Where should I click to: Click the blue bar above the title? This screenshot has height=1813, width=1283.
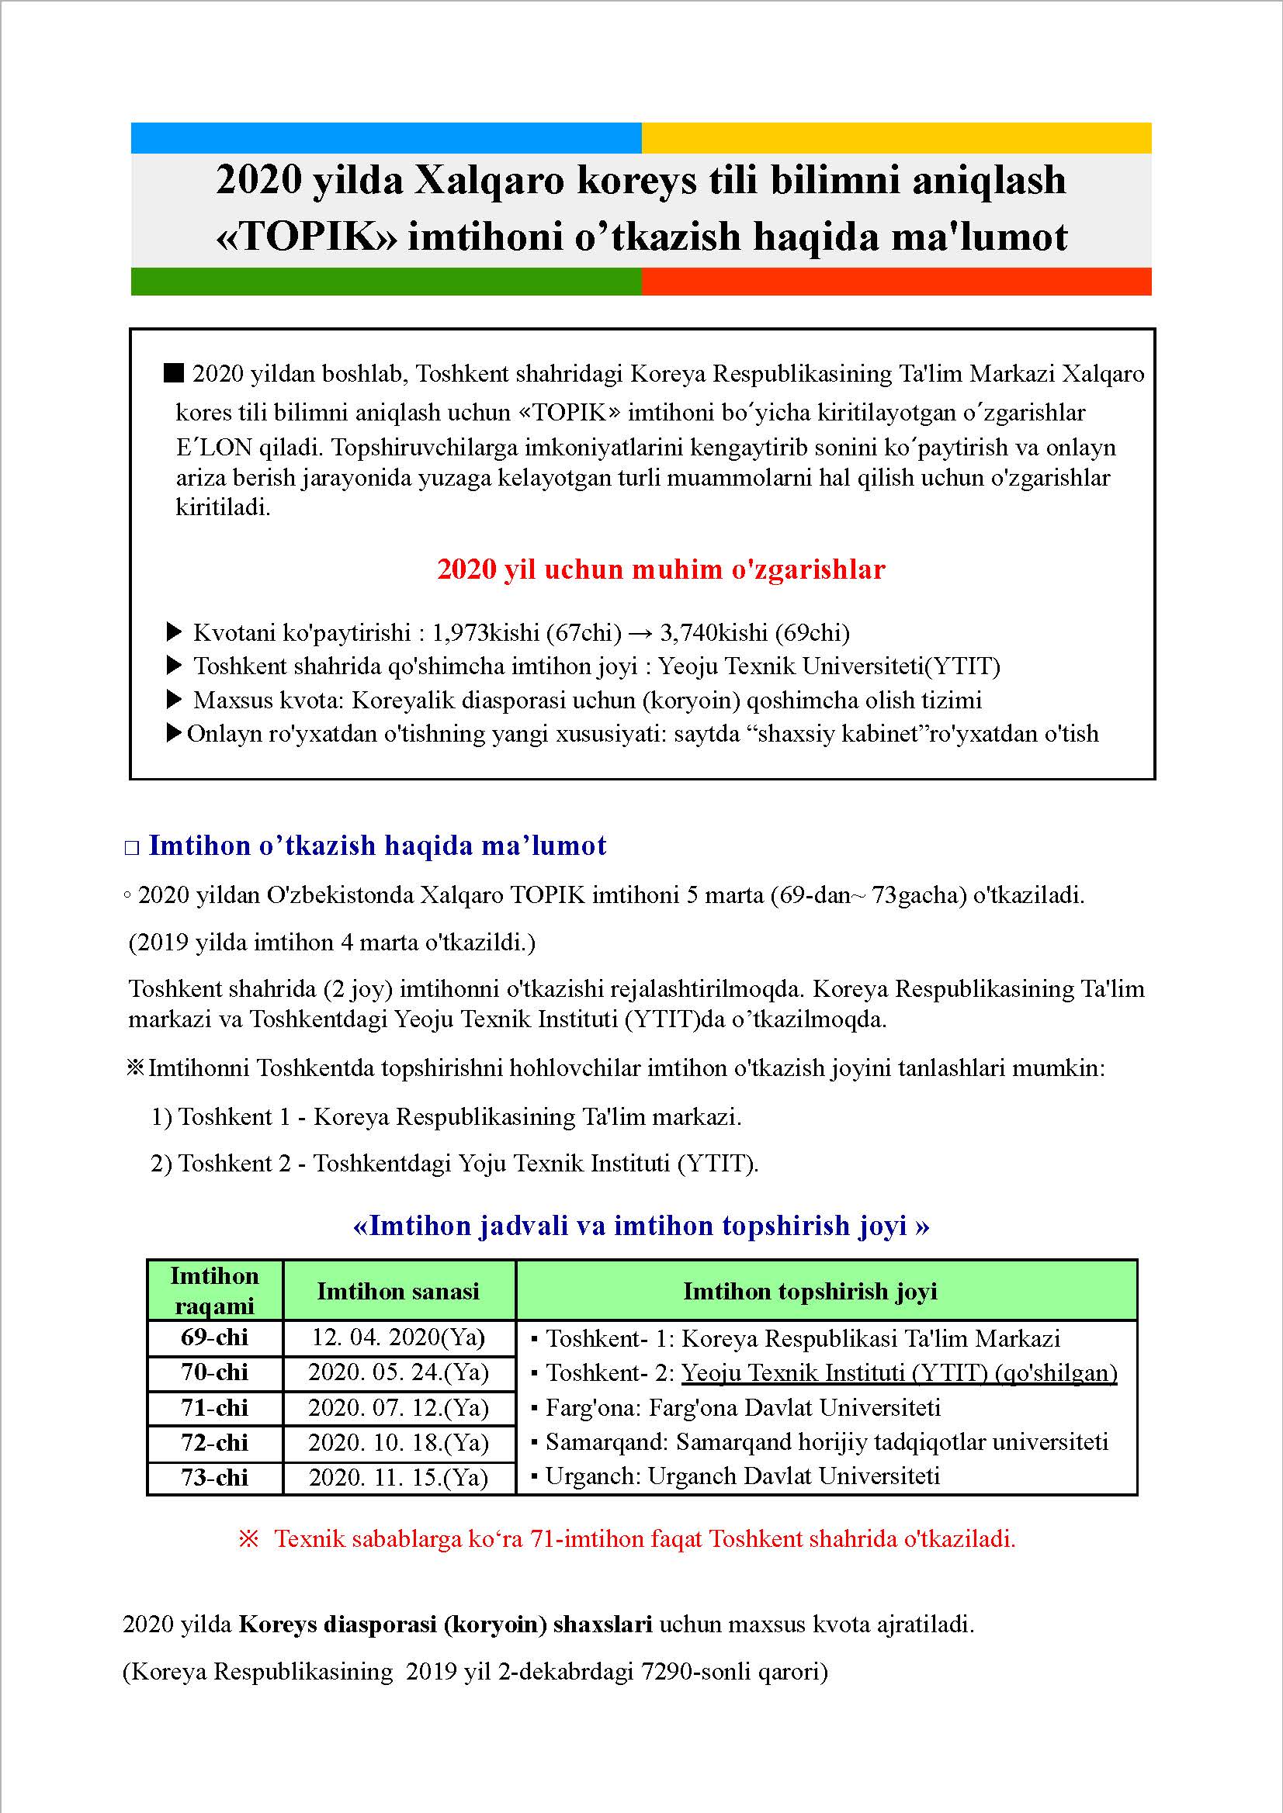pyautogui.click(x=386, y=137)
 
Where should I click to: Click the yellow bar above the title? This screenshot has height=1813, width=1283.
pyautogui.click(x=896, y=137)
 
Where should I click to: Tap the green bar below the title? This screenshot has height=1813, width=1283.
pyautogui.click(x=386, y=281)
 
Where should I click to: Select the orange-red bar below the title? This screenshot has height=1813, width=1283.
pyautogui.click(x=896, y=281)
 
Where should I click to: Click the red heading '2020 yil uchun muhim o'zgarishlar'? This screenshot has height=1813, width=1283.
pyautogui.click(x=661, y=569)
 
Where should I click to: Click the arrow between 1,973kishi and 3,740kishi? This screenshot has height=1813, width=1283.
pyautogui.click(x=640, y=632)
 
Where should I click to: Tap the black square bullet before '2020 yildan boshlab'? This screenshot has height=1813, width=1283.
pyautogui.click(x=173, y=372)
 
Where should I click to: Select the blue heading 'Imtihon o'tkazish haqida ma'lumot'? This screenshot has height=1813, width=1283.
pyautogui.click(x=377, y=846)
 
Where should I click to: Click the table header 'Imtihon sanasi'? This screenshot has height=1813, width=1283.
pyautogui.click(x=398, y=1291)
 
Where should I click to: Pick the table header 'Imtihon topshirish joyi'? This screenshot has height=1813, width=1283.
pyautogui.click(x=810, y=1291)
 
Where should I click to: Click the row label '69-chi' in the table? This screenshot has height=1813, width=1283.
pyautogui.click(x=214, y=1337)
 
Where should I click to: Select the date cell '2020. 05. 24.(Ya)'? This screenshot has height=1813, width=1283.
pyautogui.click(x=398, y=1372)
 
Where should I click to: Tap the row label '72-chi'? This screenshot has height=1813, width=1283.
pyautogui.click(x=214, y=1443)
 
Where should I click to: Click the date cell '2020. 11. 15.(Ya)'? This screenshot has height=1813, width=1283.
pyautogui.click(x=398, y=1477)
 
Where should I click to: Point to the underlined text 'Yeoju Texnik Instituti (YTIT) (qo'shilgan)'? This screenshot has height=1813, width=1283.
pyautogui.click(x=899, y=1373)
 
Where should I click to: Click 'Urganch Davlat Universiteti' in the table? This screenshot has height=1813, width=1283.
pyautogui.click(x=793, y=1476)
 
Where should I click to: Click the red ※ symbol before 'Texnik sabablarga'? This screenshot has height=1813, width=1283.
pyautogui.click(x=249, y=1539)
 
